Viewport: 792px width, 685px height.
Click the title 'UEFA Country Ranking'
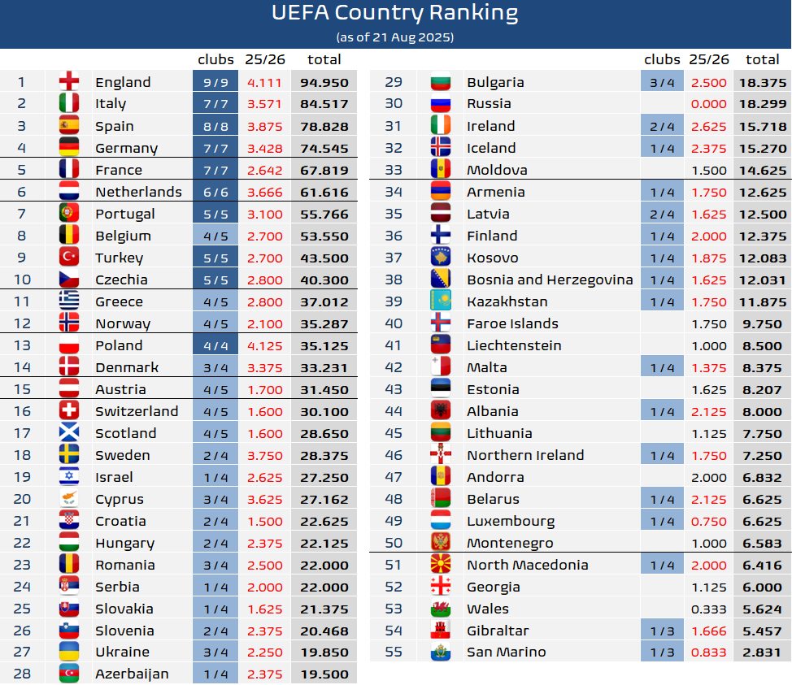point(395,14)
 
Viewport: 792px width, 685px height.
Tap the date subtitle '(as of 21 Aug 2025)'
point(395,37)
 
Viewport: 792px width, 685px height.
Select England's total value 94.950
point(324,82)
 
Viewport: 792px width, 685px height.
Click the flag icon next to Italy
point(69,104)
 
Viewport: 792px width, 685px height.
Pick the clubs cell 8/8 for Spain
point(215,126)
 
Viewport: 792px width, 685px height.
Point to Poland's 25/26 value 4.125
point(264,345)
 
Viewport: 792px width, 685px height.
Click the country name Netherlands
point(138,192)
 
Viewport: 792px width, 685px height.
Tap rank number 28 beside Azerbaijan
point(22,674)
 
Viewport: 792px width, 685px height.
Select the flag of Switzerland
point(69,411)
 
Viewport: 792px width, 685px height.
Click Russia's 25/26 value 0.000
point(709,104)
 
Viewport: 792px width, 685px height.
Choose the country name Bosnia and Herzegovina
point(550,280)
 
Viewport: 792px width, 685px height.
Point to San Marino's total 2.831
point(762,652)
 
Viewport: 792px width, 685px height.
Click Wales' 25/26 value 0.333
point(709,609)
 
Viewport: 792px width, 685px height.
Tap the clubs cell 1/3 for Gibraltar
point(662,631)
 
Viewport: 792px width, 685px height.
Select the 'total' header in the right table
point(762,59)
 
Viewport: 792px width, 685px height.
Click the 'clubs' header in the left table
point(215,59)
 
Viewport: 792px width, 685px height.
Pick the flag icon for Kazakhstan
point(441,301)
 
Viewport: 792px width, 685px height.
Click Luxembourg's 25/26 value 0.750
point(709,521)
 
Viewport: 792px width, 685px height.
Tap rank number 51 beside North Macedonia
point(394,565)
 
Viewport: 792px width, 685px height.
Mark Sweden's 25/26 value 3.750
point(264,455)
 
